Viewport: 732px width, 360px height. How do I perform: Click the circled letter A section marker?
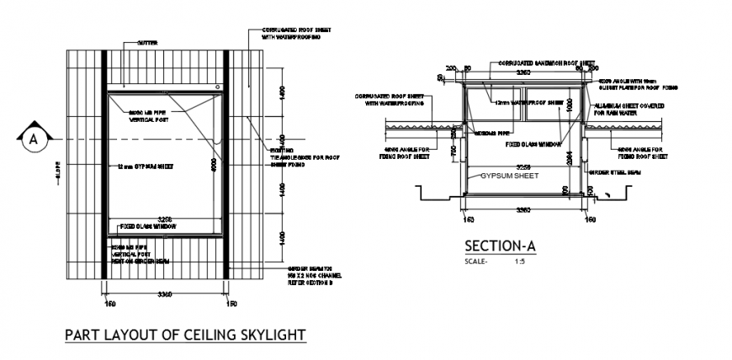34,139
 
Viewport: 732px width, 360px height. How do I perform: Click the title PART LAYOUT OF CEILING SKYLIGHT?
185,335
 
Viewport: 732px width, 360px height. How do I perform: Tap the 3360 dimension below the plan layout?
166,294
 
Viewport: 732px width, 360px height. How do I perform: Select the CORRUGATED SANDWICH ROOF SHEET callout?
546,62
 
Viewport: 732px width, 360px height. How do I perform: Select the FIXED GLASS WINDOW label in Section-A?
533,144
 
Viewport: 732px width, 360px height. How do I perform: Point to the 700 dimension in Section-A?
454,151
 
